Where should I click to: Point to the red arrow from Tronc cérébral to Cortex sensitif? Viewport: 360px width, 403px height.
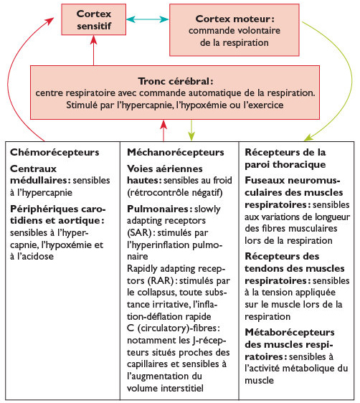click(x=92, y=52)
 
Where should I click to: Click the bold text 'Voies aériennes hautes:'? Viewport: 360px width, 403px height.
click(x=156, y=174)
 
